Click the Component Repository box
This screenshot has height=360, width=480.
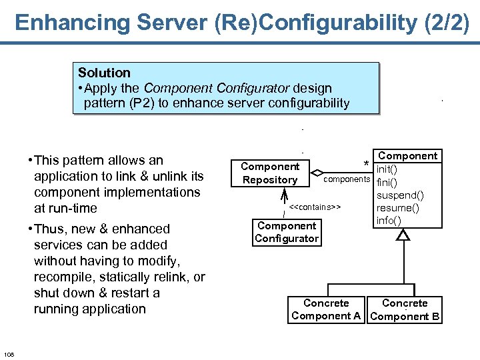[x=270, y=173]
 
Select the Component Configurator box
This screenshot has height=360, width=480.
[x=287, y=232]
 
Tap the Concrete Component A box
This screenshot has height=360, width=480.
[x=326, y=310]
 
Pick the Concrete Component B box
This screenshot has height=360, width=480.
[x=405, y=310]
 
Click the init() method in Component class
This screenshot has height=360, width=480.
[x=387, y=169]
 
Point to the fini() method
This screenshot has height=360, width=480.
[x=387, y=182]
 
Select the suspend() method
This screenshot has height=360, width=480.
[x=400, y=195]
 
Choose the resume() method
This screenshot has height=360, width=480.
[x=397, y=207]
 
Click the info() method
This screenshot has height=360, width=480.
[x=389, y=219]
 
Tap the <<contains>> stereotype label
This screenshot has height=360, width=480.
[x=315, y=207]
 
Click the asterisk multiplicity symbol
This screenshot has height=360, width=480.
[x=365, y=164]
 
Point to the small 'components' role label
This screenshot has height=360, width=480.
[x=347, y=180]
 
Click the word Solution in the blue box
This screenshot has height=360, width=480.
[x=104, y=73]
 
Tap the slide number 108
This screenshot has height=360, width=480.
[x=9, y=353]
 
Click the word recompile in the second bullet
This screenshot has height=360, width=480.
[x=63, y=277]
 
